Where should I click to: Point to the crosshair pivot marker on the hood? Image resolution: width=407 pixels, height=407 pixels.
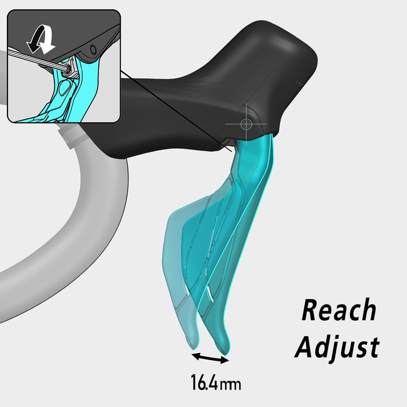point(245,123)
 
